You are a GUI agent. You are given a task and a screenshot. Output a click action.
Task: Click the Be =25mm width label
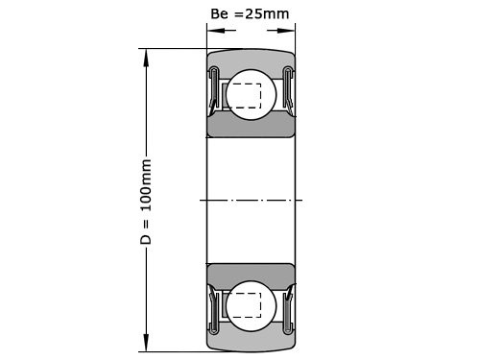(249, 14)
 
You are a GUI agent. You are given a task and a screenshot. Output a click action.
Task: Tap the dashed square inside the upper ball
(248, 97)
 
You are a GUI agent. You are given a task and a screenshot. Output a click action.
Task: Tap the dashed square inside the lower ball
(248, 302)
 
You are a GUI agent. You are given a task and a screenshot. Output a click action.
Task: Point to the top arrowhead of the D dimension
(147, 56)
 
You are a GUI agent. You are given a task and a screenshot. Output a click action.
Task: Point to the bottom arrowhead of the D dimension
(147, 345)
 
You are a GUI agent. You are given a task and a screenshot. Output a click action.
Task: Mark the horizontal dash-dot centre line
(251, 200)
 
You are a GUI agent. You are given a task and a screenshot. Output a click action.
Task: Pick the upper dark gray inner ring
(251, 128)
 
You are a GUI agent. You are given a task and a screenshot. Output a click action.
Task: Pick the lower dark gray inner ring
(251, 272)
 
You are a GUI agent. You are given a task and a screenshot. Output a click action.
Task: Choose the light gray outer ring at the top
(251, 58)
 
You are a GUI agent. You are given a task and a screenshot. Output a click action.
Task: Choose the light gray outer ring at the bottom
(251, 341)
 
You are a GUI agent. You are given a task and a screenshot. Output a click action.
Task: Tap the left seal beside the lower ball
(215, 305)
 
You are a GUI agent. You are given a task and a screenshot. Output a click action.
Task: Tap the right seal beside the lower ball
(287, 305)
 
